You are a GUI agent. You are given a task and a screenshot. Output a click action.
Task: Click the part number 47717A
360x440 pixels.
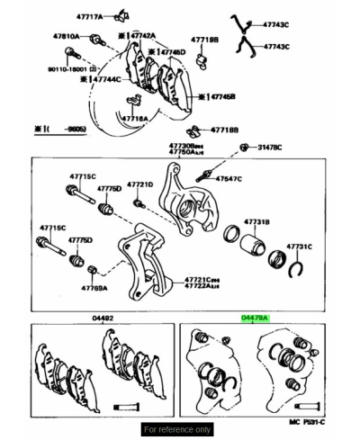pos(85,16)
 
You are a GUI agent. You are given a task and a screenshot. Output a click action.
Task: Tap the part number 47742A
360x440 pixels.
pos(144,36)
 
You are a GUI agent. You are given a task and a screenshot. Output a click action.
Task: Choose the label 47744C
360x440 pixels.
pos(106,79)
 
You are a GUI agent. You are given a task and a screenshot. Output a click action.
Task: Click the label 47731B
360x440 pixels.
pos(256,221)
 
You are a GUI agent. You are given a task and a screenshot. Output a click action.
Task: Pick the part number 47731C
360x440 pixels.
pos(299,246)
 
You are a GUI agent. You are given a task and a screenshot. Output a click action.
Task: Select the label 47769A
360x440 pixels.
pos(94,288)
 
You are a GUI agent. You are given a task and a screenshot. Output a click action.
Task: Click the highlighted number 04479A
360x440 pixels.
pos(255,318)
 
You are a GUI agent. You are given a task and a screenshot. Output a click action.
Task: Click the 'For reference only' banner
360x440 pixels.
pos(178,429)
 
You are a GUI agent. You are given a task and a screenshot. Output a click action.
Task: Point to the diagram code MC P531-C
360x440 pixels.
pos(306,421)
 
